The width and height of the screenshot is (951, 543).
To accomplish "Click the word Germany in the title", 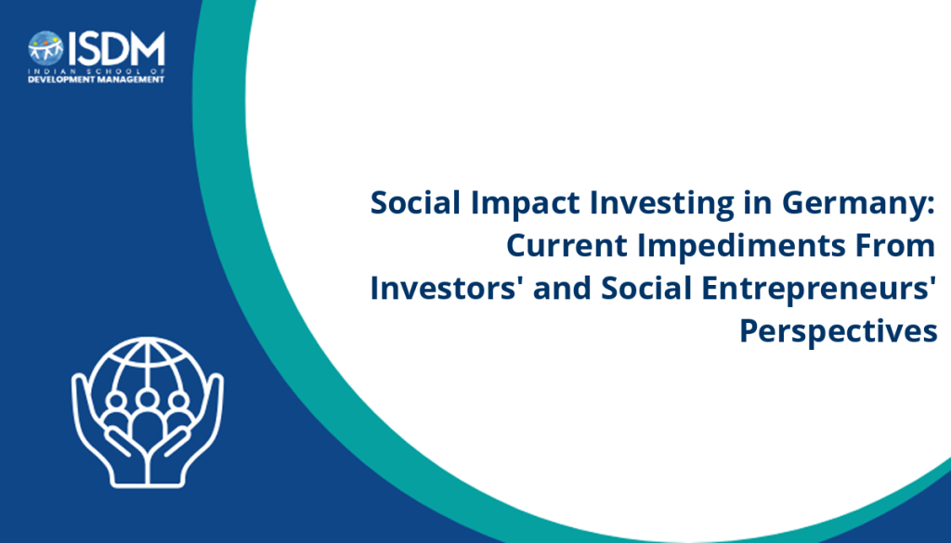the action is [x=858, y=203].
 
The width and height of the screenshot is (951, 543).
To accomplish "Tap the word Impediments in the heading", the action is [x=741, y=245].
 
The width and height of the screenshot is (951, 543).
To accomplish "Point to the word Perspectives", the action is [x=839, y=331].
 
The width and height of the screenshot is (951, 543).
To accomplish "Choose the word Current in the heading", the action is [x=567, y=245].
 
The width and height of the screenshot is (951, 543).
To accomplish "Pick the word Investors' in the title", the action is [x=447, y=288].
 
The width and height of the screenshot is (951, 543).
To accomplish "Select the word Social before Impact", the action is [x=415, y=202].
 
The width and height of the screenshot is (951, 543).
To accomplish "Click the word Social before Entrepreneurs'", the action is [x=646, y=288].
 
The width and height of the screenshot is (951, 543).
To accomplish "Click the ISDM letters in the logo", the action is [x=116, y=49].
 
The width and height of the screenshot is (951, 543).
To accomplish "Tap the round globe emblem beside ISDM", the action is [x=46, y=48].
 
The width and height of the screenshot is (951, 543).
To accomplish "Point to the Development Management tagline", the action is [x=97, y=80].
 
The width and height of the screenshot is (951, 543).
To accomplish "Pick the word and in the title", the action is [x=562, y=288].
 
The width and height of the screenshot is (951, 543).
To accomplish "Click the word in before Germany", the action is [x=758, y=202].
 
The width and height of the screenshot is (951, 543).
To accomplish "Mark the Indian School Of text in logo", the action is [x=97, y=71].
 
